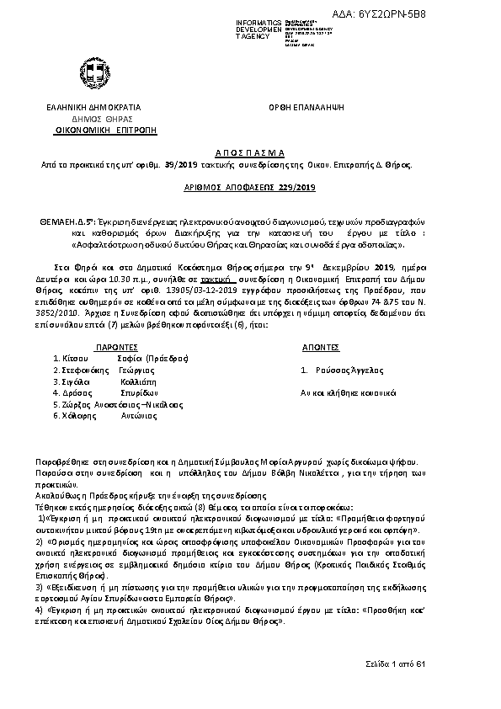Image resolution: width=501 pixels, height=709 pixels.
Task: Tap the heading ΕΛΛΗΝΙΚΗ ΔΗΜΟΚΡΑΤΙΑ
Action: pos(93,108)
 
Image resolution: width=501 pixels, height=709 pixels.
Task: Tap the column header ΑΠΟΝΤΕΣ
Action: pos(320,346)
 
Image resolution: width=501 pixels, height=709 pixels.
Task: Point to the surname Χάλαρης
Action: pos(75,415)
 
